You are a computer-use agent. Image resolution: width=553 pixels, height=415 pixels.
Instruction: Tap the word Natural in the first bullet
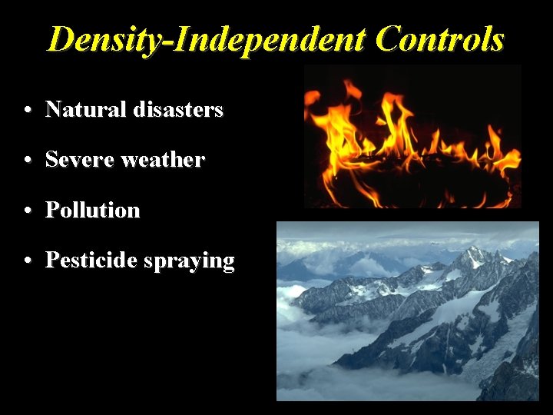click(85, 110)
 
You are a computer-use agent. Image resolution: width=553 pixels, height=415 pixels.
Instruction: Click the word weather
click(163, 160)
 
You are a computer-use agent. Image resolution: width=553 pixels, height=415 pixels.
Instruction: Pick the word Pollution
click(93, 210)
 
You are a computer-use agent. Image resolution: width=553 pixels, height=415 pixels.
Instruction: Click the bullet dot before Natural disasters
click(27, 111)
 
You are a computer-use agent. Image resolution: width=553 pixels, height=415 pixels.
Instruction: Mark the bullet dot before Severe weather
click(27, 161)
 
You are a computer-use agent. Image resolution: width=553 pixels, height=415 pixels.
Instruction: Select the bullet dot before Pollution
click(27, 211)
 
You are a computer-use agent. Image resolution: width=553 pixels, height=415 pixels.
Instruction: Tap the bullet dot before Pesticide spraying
click(27, 261)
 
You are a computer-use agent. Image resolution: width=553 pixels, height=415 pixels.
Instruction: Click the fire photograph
click(412, 137)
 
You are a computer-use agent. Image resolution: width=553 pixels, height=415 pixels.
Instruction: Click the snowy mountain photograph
click(407, 311)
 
